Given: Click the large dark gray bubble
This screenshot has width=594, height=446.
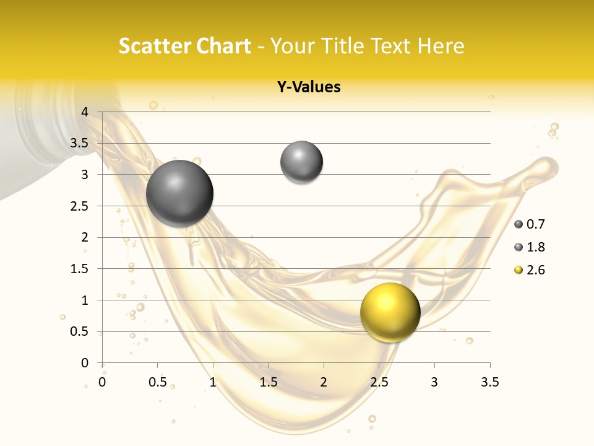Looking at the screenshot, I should click(180, 193).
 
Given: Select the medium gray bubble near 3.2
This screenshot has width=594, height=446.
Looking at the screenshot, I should click(301, 162).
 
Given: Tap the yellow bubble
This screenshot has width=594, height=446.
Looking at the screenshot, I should click(390, 312).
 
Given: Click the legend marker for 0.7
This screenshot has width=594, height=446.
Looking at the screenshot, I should click(519, 224).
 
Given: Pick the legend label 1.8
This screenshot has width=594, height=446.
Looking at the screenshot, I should click(536, 247).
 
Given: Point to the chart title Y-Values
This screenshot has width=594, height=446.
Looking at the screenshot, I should click(309, 87).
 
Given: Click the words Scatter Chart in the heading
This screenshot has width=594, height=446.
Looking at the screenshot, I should click(184, 46).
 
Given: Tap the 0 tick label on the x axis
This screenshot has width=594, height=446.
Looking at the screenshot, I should click(102, 382).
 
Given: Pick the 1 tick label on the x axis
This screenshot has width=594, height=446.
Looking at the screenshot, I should click(213, 382).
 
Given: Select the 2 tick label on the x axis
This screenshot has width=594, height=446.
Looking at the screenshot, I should click(324, 382).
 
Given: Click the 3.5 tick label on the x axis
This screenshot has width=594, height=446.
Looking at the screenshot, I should click(490, 382).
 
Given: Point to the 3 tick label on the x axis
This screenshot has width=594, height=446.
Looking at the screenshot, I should click(434, 382).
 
